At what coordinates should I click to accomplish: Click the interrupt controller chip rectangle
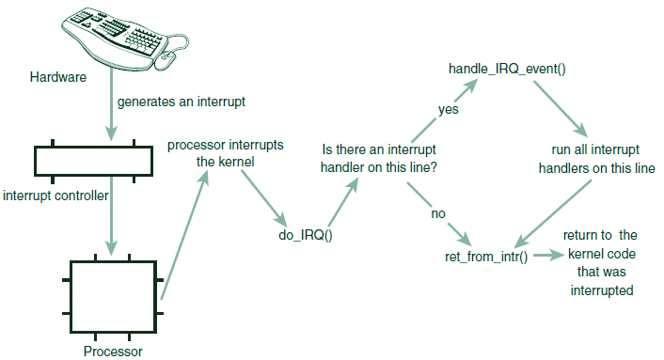tap(93, 161)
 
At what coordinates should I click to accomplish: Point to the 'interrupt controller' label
tap(56, 196)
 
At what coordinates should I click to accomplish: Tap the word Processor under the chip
tap(112, 352)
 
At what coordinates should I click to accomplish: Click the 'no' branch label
tap(437, 213)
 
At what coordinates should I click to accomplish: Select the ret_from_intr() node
tap(485, 257)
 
